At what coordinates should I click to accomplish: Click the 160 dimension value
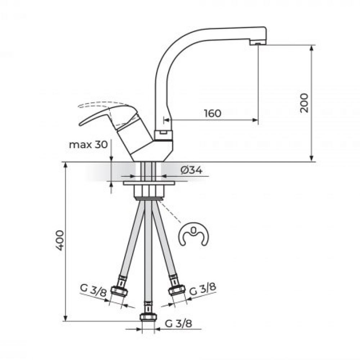[x=213, y=113]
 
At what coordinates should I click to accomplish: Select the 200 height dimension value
[x=305, y=103]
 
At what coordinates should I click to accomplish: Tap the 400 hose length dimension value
[x=60, y=240]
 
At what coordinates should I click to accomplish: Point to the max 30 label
[x=89, y=145]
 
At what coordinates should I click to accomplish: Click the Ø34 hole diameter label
[x=192, y=170]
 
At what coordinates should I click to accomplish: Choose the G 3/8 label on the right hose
[x=203, y=289]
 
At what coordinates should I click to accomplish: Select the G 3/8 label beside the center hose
[x=179, y=324]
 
